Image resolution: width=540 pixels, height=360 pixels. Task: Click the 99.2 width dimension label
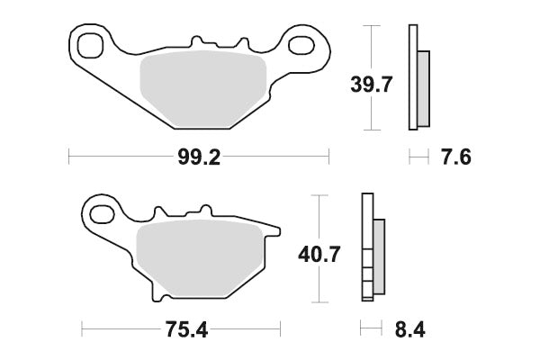click(x=199, y=157)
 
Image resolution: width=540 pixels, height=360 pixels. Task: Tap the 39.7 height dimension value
click(x=371, y=85)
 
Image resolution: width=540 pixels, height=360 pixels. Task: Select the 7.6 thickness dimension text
click(x=456, y=157)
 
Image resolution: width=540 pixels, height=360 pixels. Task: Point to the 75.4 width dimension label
click(x=186, y=329)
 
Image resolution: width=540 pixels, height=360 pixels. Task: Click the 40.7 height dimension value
click(x=319, y=255)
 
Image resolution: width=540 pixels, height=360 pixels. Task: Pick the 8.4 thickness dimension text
click(x=409, y=329)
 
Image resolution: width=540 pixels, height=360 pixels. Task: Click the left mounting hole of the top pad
click(x=90, y=45)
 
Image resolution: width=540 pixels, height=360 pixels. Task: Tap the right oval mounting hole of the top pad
click(x=301, y=46)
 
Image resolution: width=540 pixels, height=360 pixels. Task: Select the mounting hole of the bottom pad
click(x=102, y=214)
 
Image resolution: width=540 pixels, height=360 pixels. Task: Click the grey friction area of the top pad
click(x=203, y=89)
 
